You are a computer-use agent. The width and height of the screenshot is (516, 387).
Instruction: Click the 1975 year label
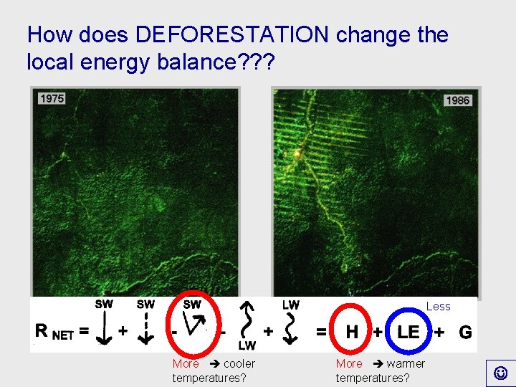click(x=52, y=98)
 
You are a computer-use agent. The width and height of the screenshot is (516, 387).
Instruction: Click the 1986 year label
click(x=457, y=100)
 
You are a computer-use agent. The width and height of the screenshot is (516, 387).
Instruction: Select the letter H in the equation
click(x=352, y=332)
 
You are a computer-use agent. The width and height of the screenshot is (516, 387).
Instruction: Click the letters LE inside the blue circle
click(x=408, y=332)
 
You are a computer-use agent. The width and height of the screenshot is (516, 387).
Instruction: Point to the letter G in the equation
click(x=465, y=333)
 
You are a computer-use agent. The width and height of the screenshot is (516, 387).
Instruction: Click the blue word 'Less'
click(x=438, y=306)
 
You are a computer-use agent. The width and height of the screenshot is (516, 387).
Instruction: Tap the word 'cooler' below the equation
click(x=239, y=363)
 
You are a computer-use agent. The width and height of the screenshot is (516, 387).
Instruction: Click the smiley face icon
click(x=500, y=373)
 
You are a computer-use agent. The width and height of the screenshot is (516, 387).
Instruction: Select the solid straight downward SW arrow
click(x=104, y=329)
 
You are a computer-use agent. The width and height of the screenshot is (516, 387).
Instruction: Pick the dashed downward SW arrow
click(x=145, y=329)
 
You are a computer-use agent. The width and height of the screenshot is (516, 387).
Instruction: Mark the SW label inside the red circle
click(x=192, y=304)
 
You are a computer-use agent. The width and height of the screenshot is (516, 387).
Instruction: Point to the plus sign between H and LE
click(x=376, y=333)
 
